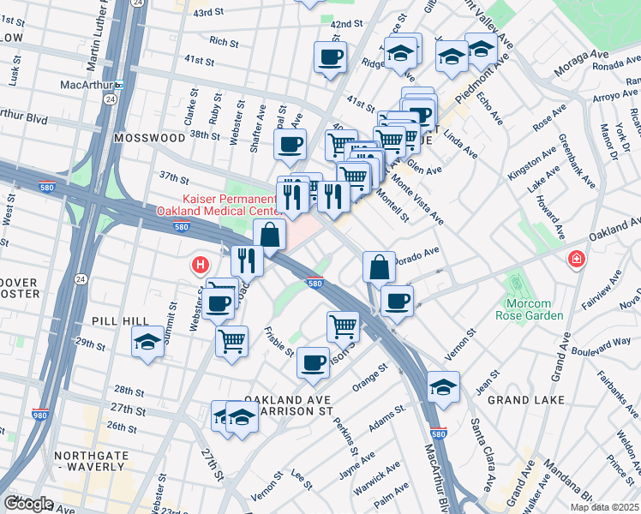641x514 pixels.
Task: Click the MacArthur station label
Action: pos(87,85)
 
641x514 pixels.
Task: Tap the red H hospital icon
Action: pos(201,266)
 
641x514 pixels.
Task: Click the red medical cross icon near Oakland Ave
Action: pos(574,259)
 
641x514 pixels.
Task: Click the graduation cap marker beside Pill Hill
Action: pos(148,343)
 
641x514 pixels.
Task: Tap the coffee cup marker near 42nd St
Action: pos(330,57)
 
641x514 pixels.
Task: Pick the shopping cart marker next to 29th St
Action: pos(231,340)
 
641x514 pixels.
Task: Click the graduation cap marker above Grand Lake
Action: pos(443,387)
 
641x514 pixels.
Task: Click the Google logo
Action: pos(27,503)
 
